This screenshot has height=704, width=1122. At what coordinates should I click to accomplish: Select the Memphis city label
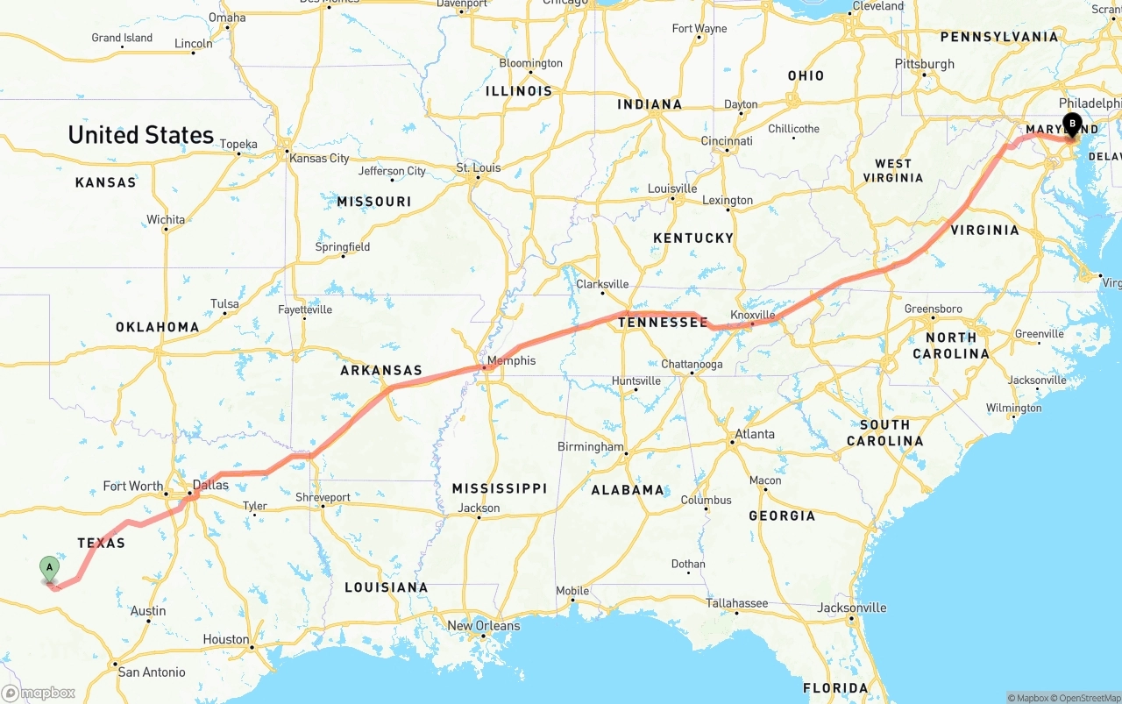coord(511,360)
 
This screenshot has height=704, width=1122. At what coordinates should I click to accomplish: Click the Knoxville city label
coord(753,315)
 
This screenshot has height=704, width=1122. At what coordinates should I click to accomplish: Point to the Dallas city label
coord(210,485)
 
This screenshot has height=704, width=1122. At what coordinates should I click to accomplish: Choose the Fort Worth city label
coord(132,486)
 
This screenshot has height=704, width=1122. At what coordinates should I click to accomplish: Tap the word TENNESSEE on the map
coord(663,323)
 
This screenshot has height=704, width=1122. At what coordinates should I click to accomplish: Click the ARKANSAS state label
coord(381,371)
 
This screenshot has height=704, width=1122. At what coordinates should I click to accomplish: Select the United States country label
coord(140,135)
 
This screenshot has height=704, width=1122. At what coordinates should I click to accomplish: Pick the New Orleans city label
coord(483,626)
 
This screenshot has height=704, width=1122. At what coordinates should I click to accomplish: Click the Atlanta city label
coord(755,434)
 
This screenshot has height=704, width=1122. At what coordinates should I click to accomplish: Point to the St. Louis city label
coord(478,167)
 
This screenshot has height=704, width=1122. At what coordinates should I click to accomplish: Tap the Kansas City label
coord(319,159)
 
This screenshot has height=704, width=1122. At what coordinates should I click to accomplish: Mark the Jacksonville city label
coord(851,608)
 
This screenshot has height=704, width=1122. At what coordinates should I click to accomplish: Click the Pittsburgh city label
coord(924,64)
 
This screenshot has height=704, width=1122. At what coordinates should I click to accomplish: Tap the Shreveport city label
coord(323,497)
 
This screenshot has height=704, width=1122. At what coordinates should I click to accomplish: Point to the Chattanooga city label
coord(692,365)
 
